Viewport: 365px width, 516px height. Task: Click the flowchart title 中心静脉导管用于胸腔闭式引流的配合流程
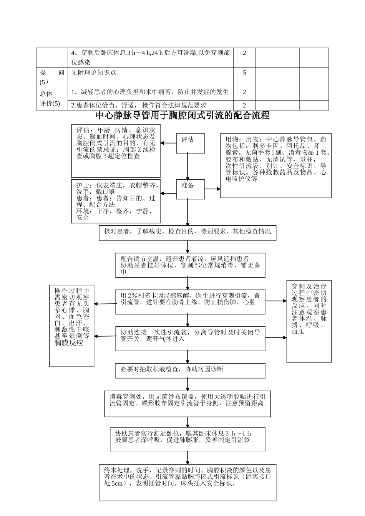pyautogui.click(x=182, y=115)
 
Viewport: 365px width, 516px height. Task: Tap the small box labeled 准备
pyautogui.click(x=190, y=189)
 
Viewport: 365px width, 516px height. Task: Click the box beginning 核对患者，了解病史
pyautogui.click(x=187, y=233)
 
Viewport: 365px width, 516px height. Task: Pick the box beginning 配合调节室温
pyautogui.click(x=190, y=265)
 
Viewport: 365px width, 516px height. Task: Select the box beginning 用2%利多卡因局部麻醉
pyautogui.click(x=190, y=301)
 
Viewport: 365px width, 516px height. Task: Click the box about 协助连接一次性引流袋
pyautogui.click(x=190, y=338)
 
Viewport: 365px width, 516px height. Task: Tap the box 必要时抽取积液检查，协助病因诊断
pyautogui.click(x=190, y=370)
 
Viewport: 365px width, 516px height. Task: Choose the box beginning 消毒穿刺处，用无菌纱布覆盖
pyautogui.click(x=187, y=404)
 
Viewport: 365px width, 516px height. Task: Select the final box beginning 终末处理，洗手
pyautogui.click(x=187, y=482)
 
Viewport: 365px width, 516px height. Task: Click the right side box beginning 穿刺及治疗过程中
pyautogui.click(x=309, y=321)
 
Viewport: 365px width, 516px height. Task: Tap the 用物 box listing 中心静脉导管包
pyautogui.click(x=275, y=165)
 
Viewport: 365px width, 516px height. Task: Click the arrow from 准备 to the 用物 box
pyautogui.click(x=212, y=189)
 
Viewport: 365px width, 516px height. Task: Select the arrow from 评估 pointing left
pyautogui.click(x=168, y=143)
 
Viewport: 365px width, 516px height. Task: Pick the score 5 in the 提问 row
pyautogui.click(x=244, y=73)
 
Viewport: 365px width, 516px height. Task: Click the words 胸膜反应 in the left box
pyautogui.click(x=69, y=343)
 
